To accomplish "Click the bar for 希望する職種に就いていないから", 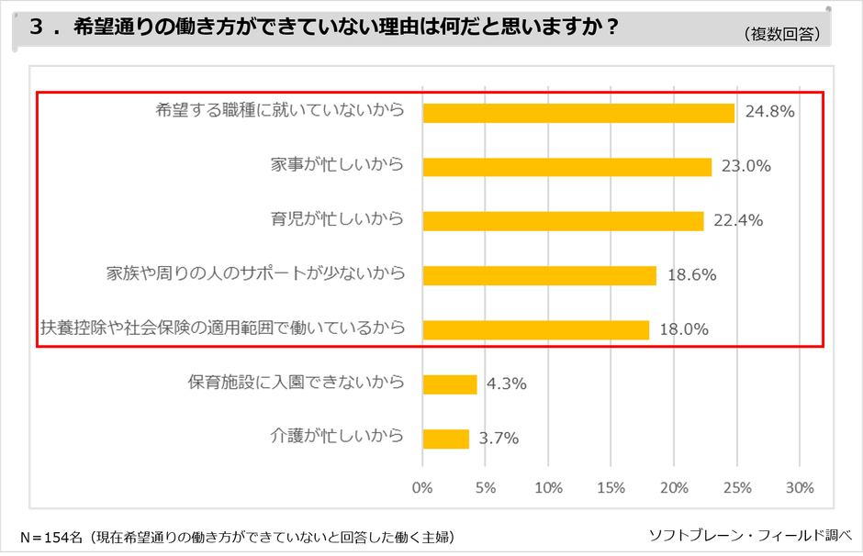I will pyautogui.click(x=578, y=113).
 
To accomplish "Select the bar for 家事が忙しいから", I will pyautogui.click(x=566, y=167).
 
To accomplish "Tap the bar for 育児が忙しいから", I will pyautogui.click(x=563, y=221).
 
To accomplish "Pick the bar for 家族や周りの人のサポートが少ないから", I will pyautogui.click(x=539, y=275).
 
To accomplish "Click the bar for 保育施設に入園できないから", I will pyautogui.click(x=450, y=384).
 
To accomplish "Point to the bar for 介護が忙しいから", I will pyautogui.click(x=446, y=439).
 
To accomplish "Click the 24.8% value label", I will pyautogui.click(x=769, y=113).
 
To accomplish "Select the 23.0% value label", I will pyautogui.click(x=745, y=167).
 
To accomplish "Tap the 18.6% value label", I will pyautogui.click(x=691, y=275).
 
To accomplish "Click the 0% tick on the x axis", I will pyautogui.click(x=422, y=486).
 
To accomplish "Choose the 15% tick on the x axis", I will pyautogui.click(x=611, y=486).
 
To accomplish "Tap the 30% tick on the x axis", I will pyautogui.click(x=800, y=486).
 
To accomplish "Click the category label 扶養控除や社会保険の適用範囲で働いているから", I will pyautogui.click(x=222, y=328).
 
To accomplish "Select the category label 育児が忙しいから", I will pyautogui.click(x=337, y=220).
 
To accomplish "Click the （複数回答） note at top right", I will pyautogui.click(x=783, y=34).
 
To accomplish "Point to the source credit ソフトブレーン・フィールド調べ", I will pyautogui.click(x=751, y=534).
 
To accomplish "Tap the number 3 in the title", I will pyautogui.click(x=37, y=28).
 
